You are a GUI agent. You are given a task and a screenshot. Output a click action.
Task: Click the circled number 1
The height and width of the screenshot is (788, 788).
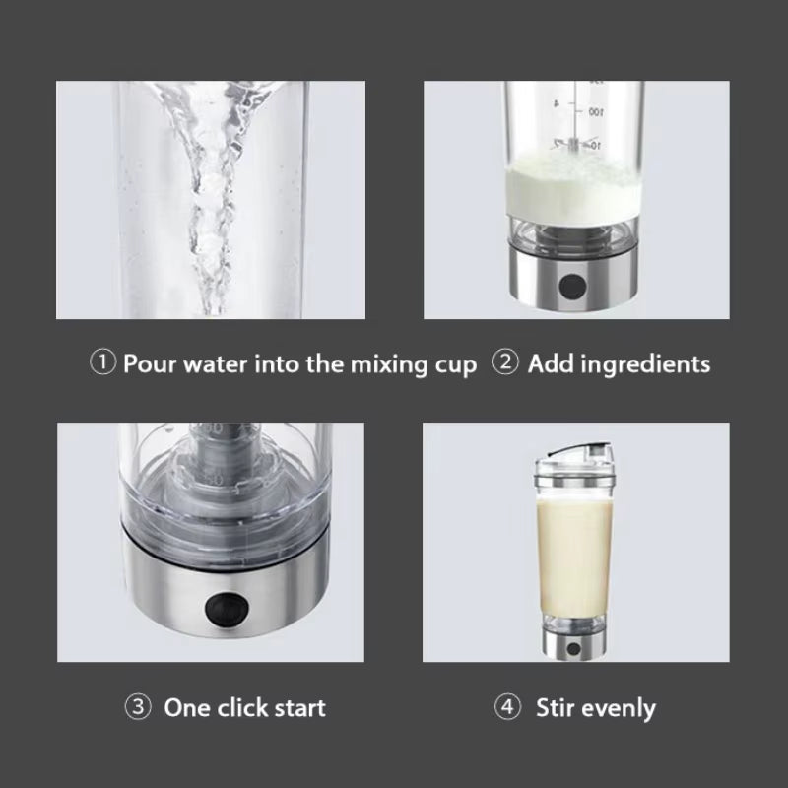coord(103,363)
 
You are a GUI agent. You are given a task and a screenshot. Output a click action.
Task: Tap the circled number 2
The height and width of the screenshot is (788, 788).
coord(505,363)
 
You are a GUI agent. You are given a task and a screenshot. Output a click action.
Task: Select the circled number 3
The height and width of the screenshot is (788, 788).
coord(137,706)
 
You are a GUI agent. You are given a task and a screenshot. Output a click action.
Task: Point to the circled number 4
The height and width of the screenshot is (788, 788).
coord(507,707)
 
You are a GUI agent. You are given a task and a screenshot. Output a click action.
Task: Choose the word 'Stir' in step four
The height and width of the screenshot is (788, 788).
coord(557,707)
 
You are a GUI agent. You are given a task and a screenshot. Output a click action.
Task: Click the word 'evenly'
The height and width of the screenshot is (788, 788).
coord(620,708)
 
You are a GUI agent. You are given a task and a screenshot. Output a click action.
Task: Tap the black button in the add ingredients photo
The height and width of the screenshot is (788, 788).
coord(569,287)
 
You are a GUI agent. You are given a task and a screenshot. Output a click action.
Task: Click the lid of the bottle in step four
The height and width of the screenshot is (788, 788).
coord(574,452)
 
